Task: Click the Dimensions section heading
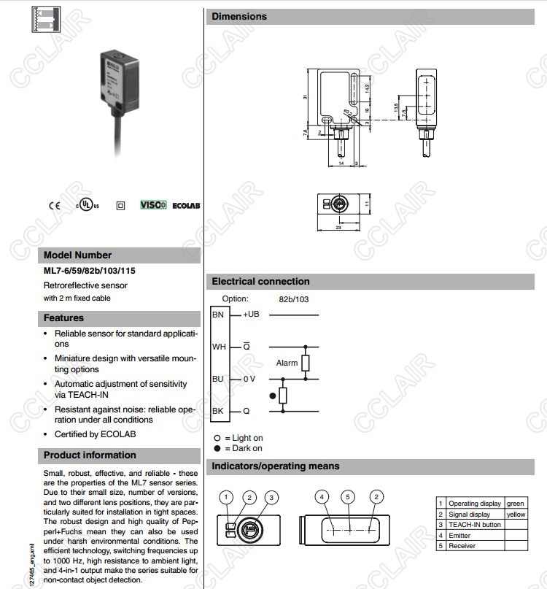[239, 17]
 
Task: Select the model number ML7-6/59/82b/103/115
[89, 271]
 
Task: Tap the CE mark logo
[55, 206]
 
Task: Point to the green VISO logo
[153, 206]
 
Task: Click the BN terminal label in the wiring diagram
[218, 315]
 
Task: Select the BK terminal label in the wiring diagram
[218, 412]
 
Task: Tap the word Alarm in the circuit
[287, 363]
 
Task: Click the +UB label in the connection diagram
[251, 315]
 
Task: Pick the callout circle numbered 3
[271, 498]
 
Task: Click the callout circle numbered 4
[322, 497]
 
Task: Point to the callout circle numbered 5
[349, 497]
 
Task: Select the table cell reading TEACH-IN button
[474, 525]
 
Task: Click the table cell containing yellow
[516, 515]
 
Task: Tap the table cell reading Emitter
[460, 536]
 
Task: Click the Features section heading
[63, 318]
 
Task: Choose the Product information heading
[90, 455]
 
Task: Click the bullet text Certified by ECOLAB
[95, 434]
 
